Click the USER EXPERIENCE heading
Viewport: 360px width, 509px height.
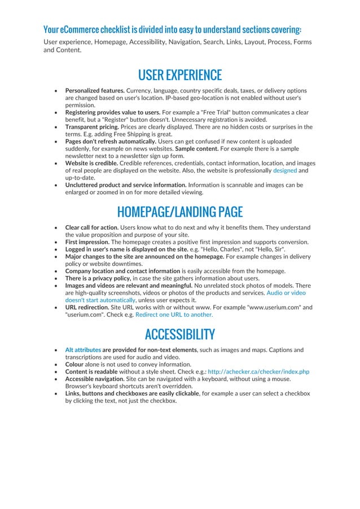point(179,75)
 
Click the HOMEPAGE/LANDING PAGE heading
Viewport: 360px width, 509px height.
point(179,212)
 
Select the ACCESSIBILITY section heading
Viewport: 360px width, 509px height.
point(179,334)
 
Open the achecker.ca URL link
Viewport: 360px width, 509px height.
point(258,372)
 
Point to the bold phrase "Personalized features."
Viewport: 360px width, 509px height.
point(95,90)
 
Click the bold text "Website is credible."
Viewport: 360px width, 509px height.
point(92,163)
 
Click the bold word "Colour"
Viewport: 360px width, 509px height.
point(76,365)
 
